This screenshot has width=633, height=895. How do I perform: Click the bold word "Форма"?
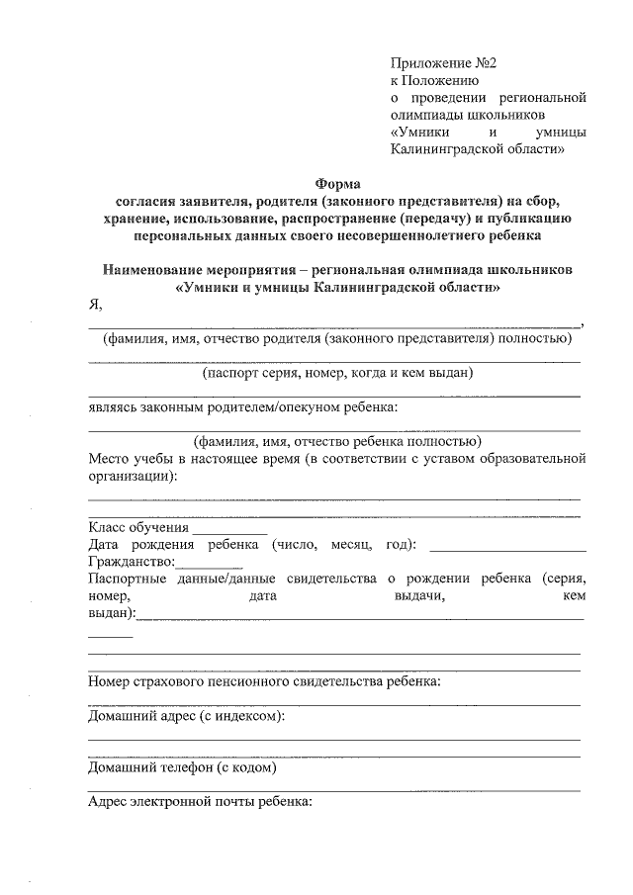(338, 183)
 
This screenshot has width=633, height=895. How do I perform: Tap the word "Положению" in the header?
(443, 80)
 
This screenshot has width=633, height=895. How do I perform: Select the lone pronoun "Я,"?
(95, 305)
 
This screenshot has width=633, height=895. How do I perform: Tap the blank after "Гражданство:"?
(202, 564)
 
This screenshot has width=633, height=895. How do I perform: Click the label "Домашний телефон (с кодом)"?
(182, 766)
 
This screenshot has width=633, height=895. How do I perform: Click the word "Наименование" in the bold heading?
(152, 269)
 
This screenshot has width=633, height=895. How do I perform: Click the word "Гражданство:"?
(131, 562)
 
